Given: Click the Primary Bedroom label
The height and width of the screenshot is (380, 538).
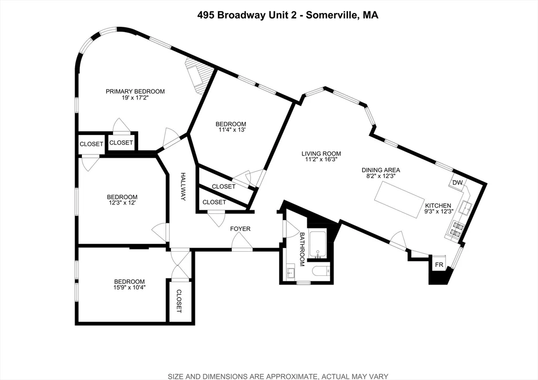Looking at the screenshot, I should (135, 91).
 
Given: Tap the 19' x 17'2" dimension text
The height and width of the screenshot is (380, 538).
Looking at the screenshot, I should (135, 98).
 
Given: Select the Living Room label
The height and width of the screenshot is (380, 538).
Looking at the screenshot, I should (321, 154).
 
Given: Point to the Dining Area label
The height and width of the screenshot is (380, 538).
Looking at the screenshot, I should (381, 170).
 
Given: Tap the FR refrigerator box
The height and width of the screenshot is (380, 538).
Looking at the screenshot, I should (438, 264).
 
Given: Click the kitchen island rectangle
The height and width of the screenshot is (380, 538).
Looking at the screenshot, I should (401, 200).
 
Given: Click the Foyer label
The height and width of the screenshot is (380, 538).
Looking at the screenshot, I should (240, 229).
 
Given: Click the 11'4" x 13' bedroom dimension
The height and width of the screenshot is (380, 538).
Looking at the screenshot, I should (231, 130).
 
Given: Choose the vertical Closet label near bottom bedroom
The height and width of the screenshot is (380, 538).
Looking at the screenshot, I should (179, 302).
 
